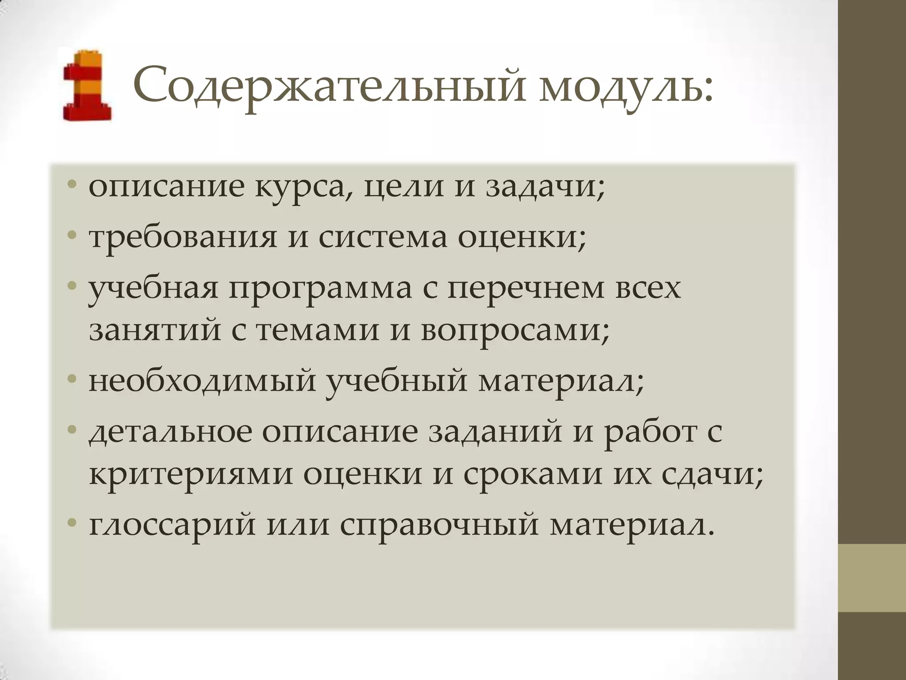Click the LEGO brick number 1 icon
[x=87, y=85]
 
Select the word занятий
[x=155, y=331]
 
